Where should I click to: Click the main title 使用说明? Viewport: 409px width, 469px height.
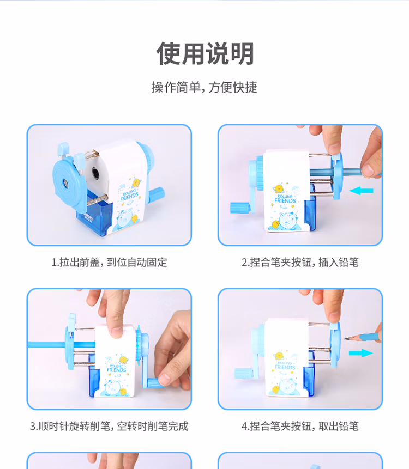[205, 53]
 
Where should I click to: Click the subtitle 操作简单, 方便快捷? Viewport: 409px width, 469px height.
[204, 87]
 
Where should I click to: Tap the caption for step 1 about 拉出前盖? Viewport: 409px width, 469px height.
[109, 263]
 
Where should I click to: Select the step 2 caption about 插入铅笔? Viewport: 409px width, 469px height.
[300, 263]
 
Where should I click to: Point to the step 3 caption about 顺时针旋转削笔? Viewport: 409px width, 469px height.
[109, 426]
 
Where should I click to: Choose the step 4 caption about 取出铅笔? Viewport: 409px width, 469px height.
[300, 426]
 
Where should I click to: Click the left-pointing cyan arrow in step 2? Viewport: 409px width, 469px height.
[362, 191]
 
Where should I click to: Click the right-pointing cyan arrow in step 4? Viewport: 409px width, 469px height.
[361, 353]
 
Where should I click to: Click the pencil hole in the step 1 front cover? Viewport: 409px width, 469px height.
[65, 184]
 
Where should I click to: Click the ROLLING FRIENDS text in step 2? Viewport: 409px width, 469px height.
[285, 199]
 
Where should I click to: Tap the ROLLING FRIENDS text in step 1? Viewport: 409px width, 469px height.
[130, 194]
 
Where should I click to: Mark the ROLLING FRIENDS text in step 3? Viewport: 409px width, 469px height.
[117, 368]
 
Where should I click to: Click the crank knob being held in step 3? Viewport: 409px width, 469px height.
[154, 383]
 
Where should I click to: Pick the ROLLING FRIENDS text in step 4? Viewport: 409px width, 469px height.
[285, 365]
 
